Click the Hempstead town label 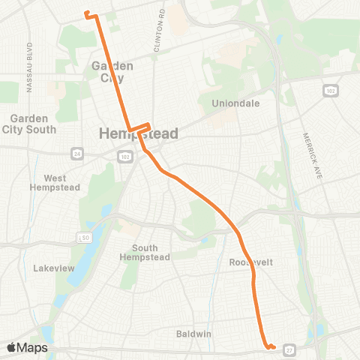(139, 134)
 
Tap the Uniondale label (235, 103)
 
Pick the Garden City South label (30, 123)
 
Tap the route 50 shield (85, 238)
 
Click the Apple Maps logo (27, 348)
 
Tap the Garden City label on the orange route (112, 71)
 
